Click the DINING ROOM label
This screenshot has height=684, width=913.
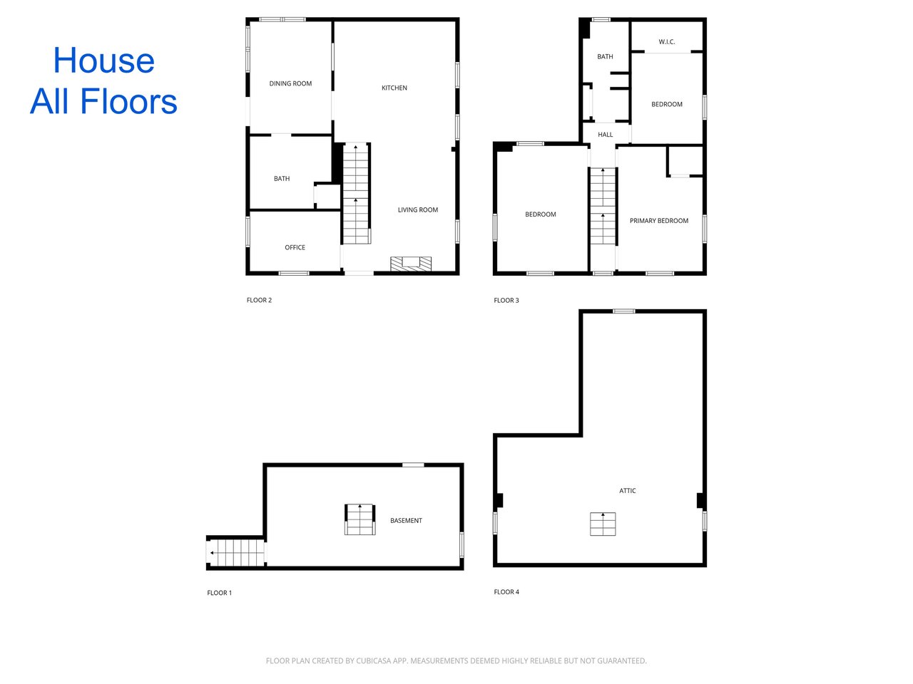click(290, 83)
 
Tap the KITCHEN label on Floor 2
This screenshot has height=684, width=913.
click(394, 88)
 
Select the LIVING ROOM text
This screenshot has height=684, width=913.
click(417, 209)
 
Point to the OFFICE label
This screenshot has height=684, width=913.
click(295, 247)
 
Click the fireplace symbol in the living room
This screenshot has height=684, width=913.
click(411, 264)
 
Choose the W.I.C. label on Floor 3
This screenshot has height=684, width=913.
click(667, 41)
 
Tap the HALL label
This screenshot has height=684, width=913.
click(605, 135)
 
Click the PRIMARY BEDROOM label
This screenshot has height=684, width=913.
click(659, 221)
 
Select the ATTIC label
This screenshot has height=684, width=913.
click(627, 490)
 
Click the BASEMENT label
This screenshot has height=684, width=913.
click(406, 520)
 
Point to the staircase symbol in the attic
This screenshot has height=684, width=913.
click(603, 524)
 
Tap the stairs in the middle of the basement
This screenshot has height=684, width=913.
click(359, 519)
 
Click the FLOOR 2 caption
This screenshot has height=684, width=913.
click(259, 300)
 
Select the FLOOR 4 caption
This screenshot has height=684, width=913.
click(506, 592)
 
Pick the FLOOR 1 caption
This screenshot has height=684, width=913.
click(219, 593)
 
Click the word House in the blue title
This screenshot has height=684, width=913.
click(104, 61)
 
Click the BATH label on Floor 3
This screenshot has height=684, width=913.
click(605, 56)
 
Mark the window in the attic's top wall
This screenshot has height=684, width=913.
click(624, 311)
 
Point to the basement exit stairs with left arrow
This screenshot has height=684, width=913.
click(236, 552)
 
